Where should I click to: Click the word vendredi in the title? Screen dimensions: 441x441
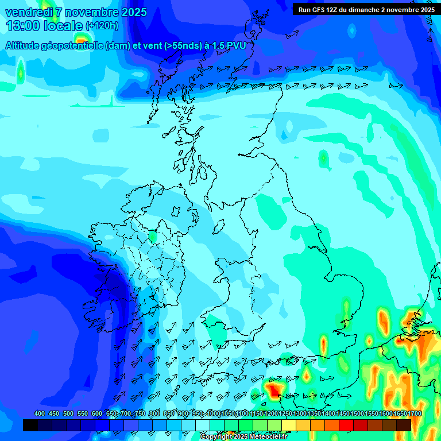28,12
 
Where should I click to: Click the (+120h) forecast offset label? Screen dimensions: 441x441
102,26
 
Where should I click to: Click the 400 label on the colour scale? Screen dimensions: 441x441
40,413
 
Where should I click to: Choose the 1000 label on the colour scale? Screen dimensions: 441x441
214,413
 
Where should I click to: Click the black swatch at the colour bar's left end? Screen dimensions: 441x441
30,425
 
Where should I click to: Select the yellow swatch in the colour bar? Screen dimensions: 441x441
289,425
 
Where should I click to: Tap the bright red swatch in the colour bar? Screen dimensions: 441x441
346,425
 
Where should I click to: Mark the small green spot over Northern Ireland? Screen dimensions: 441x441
152,236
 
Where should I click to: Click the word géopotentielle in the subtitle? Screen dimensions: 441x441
75,46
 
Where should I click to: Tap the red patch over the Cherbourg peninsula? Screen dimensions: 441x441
273,389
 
